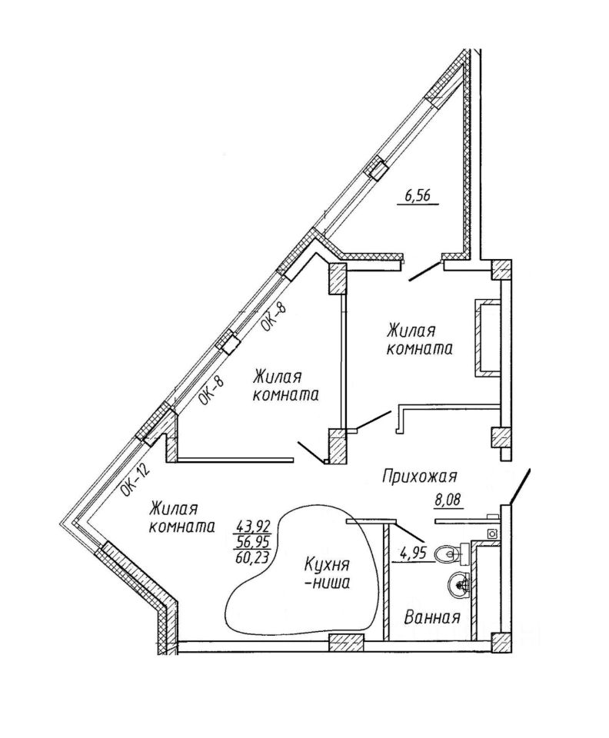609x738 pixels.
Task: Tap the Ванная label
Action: [x=433, y=617]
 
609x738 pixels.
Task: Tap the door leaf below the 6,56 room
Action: [x=424, y=271]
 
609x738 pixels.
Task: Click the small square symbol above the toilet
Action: [x=491, y=532]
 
